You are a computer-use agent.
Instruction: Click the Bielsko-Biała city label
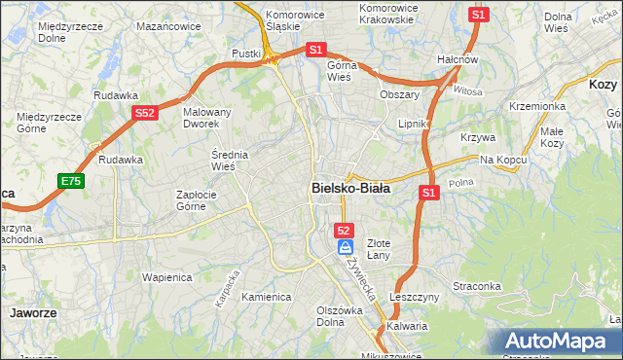(x=350, y=189)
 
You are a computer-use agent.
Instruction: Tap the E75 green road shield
(x=70, y=181)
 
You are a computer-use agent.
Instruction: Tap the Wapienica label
(x=165, y=276)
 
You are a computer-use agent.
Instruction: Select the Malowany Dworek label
(x=207, y=119)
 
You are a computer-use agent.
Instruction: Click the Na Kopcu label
(x=501, y=159)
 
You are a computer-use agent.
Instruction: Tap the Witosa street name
(x=468, y=91)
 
